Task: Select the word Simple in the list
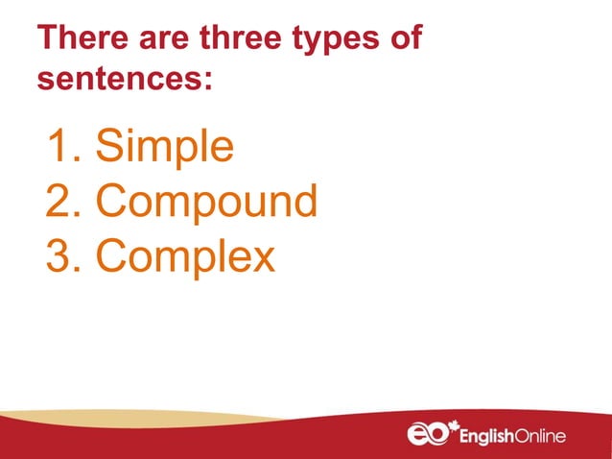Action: click(165, 149)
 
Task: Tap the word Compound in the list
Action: click(206, 202)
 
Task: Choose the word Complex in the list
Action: click(185, 256)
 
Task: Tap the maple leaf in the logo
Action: click(453, 423)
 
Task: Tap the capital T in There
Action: click(46, 40)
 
